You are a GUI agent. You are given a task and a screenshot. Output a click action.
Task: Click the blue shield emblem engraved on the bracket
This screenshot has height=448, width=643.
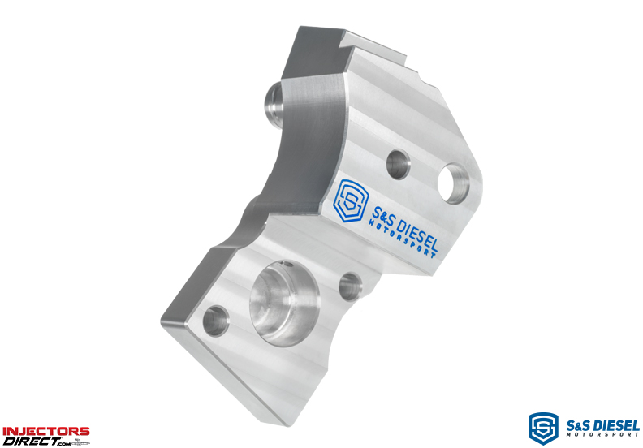point(349,200)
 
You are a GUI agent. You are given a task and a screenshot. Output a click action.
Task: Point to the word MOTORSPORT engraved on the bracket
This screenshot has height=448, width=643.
point(402,239)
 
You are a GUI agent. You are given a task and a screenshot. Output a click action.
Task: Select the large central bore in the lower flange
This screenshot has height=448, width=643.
point(284,304)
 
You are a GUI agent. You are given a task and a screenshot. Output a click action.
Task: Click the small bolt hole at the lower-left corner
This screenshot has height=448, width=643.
point(216,321)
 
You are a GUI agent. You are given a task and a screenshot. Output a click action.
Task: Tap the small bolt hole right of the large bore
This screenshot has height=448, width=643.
point(350,286)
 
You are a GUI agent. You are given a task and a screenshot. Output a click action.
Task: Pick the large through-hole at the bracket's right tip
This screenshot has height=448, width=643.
point(454,183)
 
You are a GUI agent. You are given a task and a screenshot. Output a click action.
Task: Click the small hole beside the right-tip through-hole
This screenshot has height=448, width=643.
point(398,164)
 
